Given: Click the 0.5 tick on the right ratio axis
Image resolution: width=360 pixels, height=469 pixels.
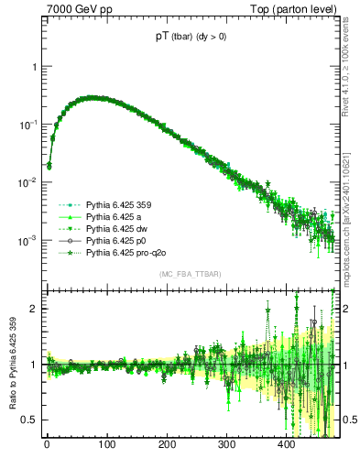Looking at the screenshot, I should click(350, 420).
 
